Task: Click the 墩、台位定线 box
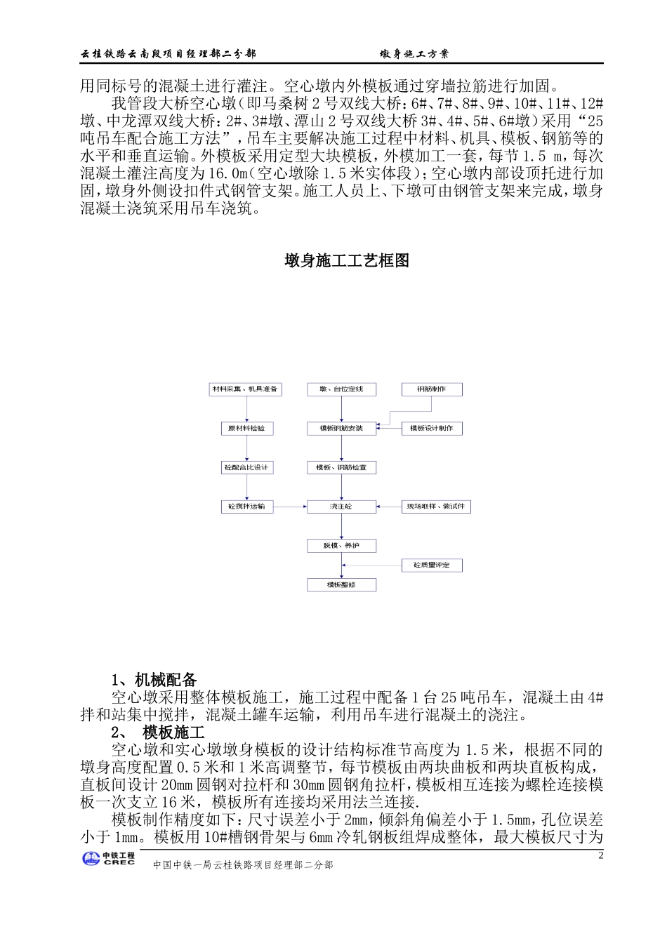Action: point(342,389)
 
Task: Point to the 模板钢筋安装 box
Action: point(342,428)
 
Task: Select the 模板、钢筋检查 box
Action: point(342,467)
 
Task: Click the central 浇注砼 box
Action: point(342,507)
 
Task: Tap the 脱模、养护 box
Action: point(342,546)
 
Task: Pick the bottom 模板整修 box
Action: point(342,584)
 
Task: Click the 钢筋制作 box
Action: point(432,389)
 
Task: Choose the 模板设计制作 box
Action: point(432,428)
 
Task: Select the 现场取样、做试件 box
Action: point(436,507)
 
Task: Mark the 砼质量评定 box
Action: point(432,565)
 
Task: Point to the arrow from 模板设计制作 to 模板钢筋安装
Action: point(389,428)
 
